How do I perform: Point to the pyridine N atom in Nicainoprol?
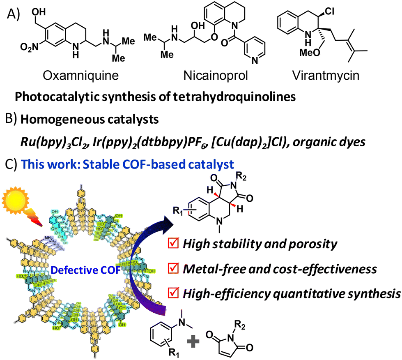[x=255, y=61]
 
